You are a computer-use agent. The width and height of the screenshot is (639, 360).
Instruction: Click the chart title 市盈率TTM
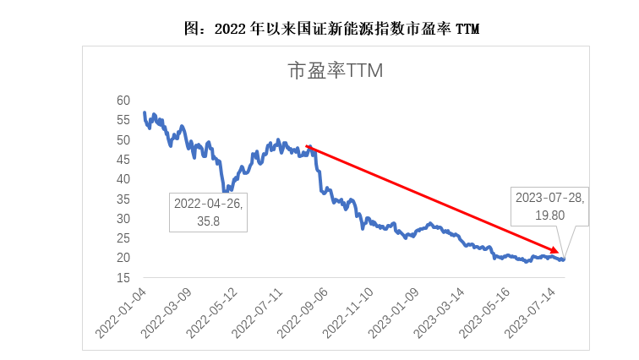coord(336,71)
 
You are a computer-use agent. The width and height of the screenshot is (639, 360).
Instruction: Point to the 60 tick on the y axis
coord(123,101)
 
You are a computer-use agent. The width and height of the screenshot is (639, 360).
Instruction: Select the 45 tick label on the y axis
coord(123,160)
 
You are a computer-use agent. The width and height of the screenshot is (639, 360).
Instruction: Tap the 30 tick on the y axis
coord(123,219)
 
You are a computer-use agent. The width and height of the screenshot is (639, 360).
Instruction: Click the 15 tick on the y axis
coord(123,278)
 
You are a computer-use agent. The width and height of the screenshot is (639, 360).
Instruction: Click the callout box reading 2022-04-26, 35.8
coord(208,211)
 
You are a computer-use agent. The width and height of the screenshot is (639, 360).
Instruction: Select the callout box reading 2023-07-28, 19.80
coord(549,206)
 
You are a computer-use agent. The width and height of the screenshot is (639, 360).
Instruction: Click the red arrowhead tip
coord(560,253)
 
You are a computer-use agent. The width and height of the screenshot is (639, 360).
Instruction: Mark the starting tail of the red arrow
coord(307,146)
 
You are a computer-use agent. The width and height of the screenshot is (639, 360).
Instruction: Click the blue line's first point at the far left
coord(145,112)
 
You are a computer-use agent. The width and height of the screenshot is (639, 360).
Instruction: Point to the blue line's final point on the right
coord(564,259)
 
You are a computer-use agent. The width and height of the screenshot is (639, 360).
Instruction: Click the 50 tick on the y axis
coord(123,140)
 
